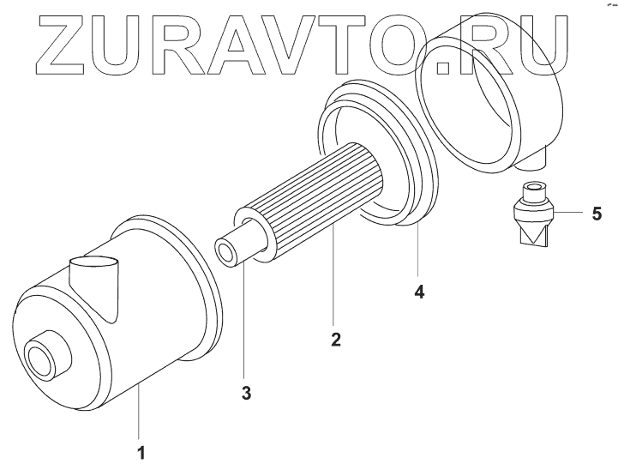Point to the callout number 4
(x=419, y=292)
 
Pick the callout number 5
(x=597, y=213)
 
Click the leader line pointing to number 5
(x=571, y=212)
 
